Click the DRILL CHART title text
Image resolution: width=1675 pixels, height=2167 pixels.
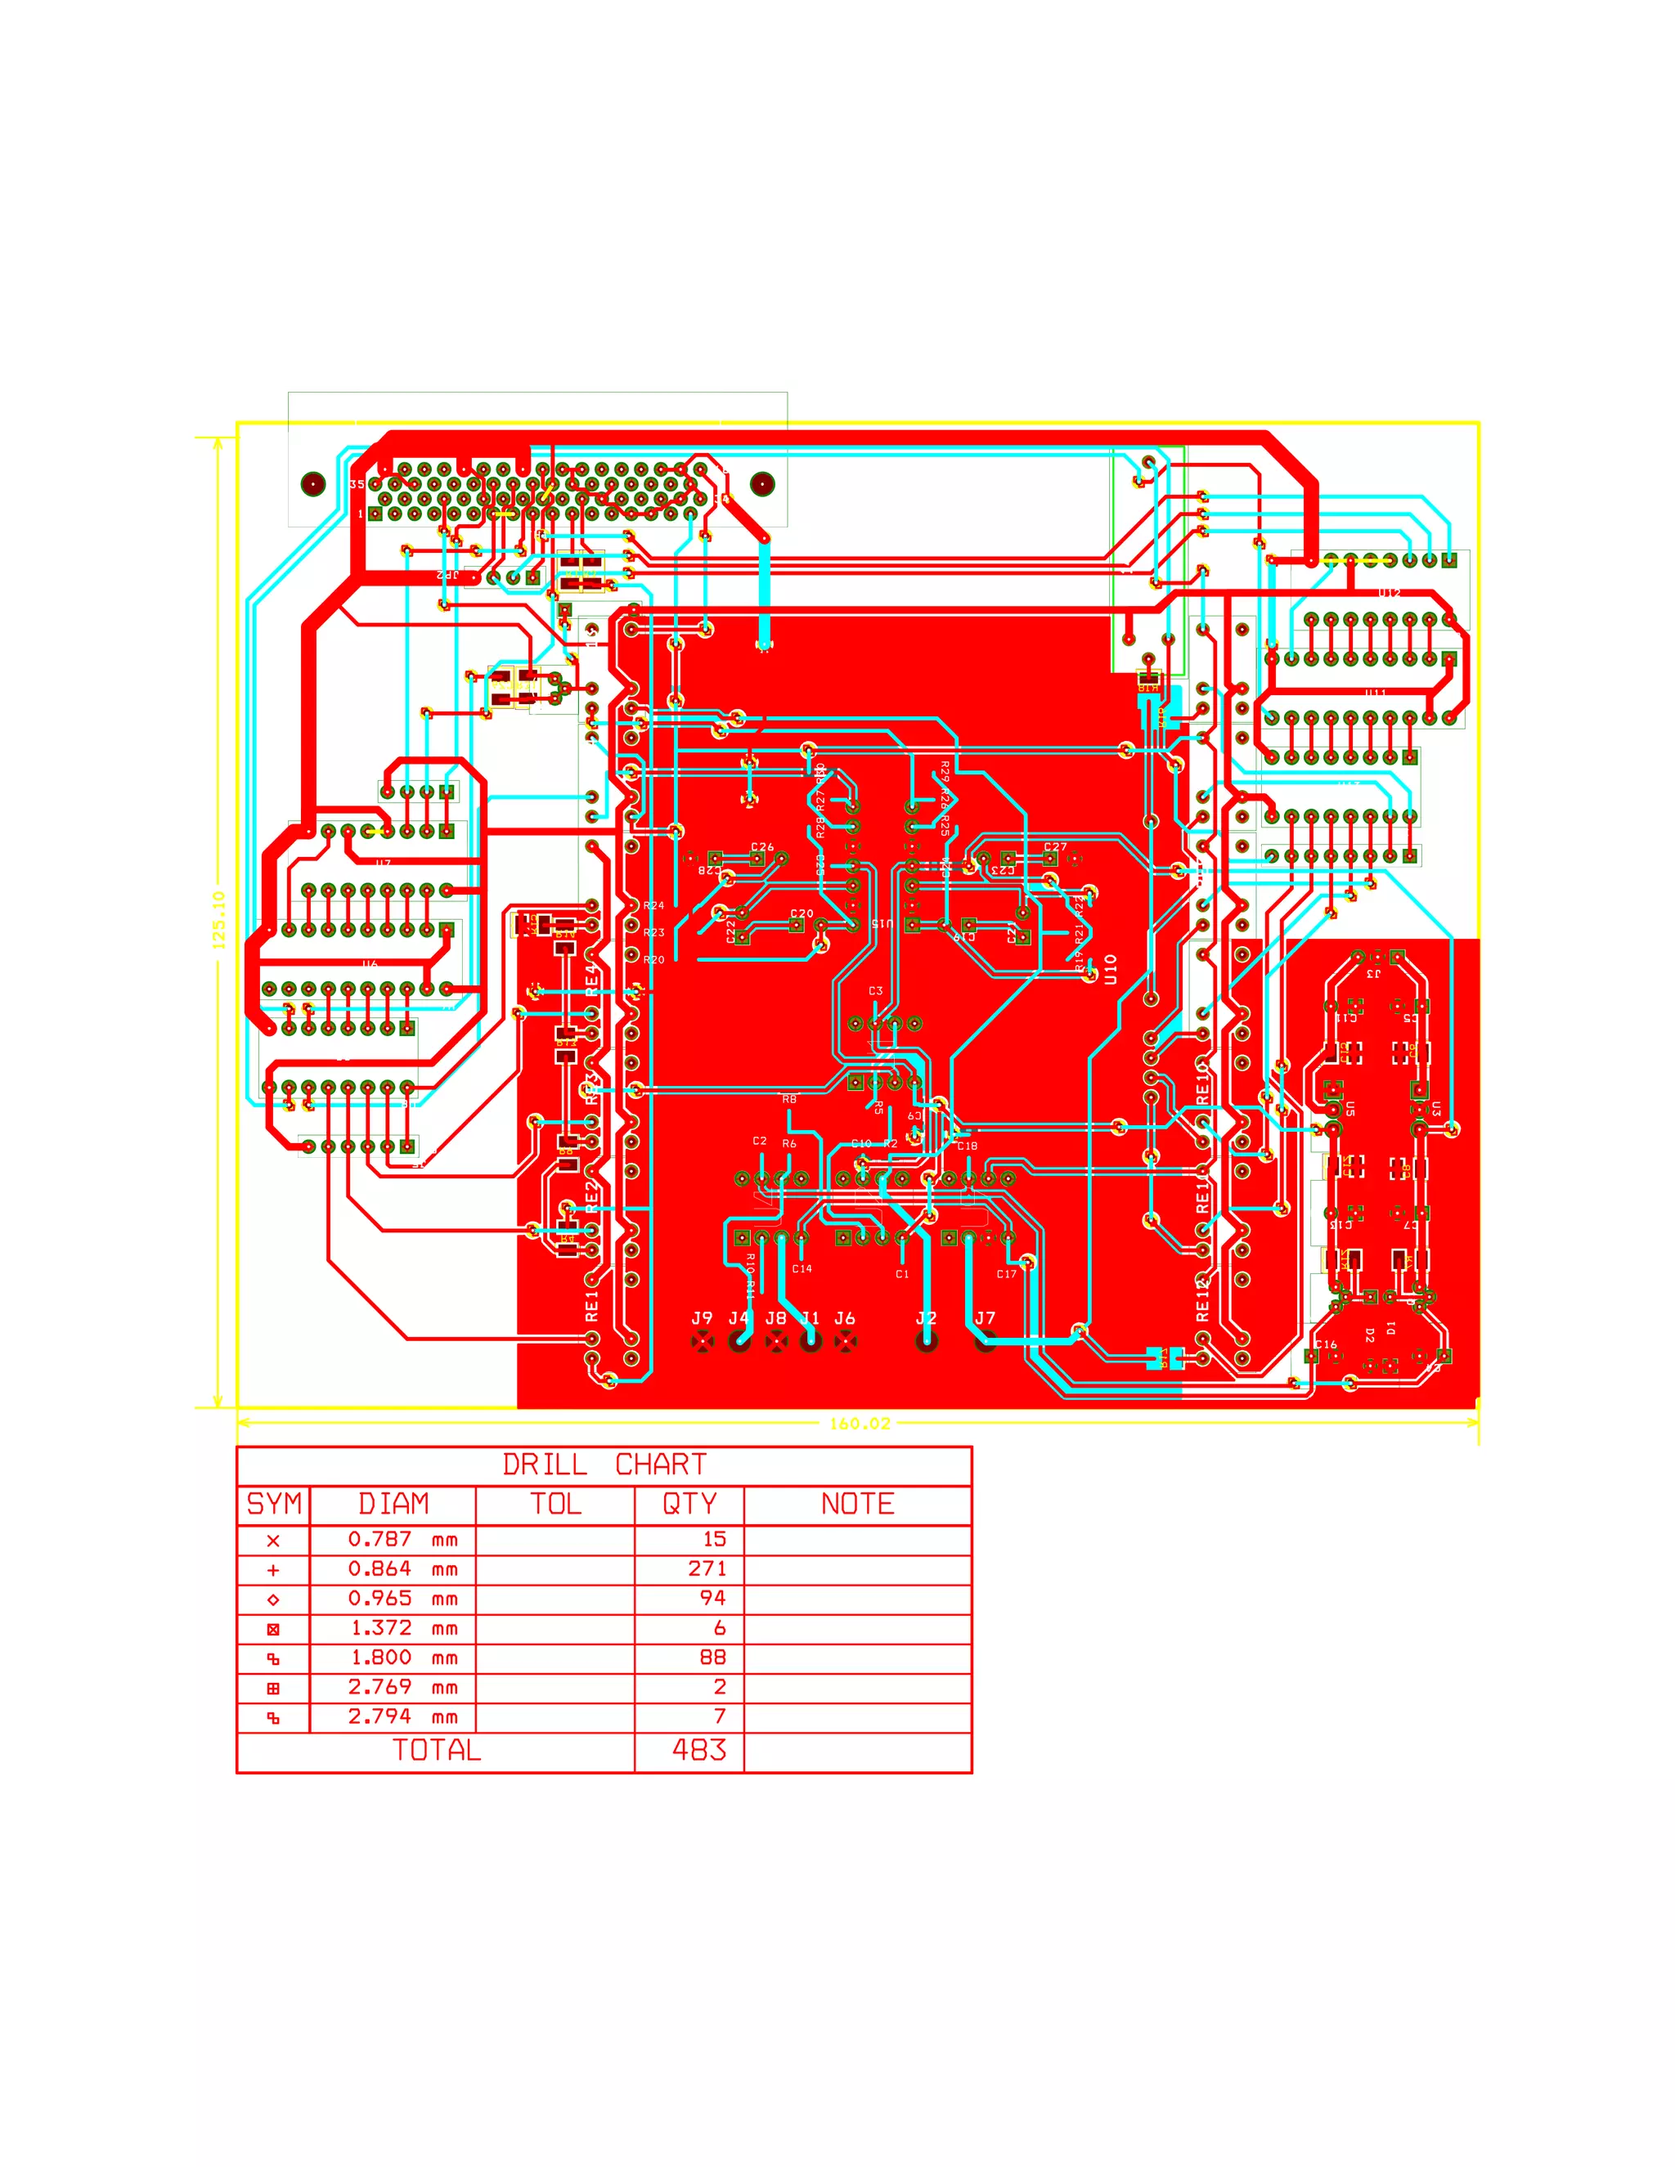(x=604, y=1465)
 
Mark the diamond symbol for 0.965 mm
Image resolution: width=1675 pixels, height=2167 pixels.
(x=274, y=1599)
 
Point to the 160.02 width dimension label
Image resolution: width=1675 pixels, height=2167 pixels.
(x=860, y=1424)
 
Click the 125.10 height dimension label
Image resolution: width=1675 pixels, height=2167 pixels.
(x=219, y=919)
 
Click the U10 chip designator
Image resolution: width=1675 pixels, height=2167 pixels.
(x=1111, y=969)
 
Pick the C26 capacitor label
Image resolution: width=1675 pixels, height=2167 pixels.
(x=762, y=847)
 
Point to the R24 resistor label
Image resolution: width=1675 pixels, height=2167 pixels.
(x=654, y=906)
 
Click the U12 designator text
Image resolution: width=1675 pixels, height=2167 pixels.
(x=1390, y=594)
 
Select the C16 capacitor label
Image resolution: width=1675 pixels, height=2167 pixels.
(x=1327, y=1344)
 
